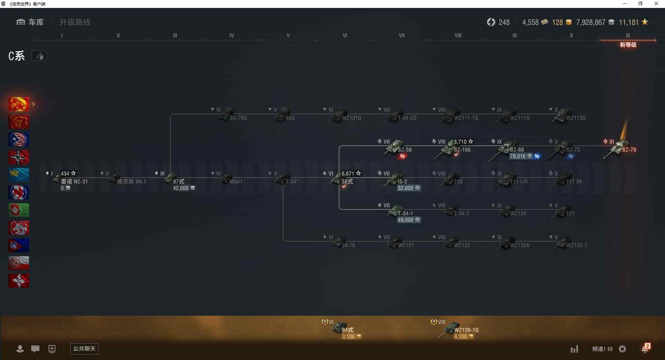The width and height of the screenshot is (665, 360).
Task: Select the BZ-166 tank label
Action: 462,150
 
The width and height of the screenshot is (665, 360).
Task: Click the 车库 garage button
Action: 30,22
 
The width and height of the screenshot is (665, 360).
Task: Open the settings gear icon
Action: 622,349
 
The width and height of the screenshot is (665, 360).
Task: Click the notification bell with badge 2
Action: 645,348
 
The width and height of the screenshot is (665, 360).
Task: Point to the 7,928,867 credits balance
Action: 591,22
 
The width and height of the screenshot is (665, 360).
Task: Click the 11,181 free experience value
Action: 628,22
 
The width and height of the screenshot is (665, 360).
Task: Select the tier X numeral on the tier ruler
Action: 571,35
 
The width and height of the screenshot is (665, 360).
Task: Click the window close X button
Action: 656,4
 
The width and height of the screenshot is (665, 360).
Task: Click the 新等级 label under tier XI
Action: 628,45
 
